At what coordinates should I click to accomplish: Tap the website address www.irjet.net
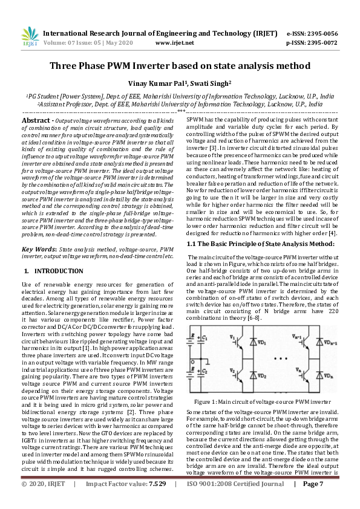coord(174,43)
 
